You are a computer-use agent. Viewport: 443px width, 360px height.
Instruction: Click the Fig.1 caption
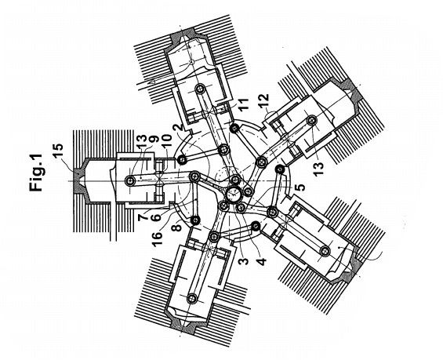[x=36, y=173]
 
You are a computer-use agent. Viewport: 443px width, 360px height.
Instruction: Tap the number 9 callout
[x=153, y=141]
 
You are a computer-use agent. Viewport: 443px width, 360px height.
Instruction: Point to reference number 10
[x=166, y=142]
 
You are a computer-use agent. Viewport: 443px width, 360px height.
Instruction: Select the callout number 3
[x=244, y=258]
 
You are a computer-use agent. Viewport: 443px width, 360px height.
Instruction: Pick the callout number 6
[x=156, y=216]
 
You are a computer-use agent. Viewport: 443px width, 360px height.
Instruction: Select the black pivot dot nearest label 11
[x=234, y=129]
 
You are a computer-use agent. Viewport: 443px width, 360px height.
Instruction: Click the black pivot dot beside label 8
[x=195, y=220]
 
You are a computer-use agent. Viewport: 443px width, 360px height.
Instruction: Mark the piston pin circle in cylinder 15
[x=129, y=180]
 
